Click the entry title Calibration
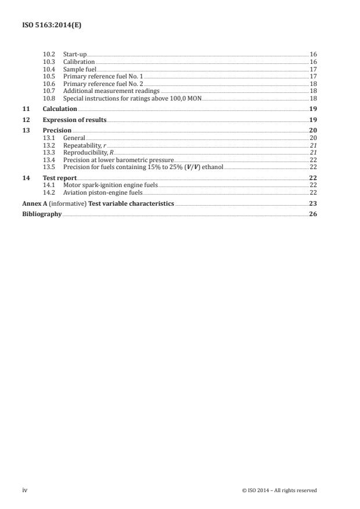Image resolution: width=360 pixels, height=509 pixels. coord(78,62)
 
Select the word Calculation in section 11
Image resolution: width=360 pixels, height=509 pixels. coord(60,109)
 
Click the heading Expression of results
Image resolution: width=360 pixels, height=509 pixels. coord(74,120)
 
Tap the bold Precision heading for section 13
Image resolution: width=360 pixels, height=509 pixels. coord(57,130)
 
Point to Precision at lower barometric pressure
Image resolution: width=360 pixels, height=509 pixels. coord(118,160)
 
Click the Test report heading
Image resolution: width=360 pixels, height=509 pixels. coord(60,177)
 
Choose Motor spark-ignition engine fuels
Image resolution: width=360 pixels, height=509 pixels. coord(110,185)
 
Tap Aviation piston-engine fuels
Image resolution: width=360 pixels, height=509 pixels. coord(102,192)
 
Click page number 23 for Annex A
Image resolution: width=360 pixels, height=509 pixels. coord(312,204)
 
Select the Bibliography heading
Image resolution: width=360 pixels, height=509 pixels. coord(42,214)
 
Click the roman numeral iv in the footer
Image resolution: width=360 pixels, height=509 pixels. coord(24,490)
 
